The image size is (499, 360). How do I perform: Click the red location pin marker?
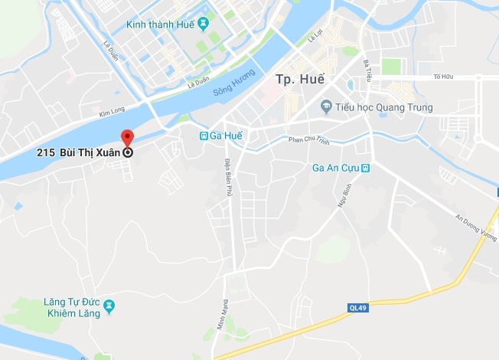click(x=128, y=139)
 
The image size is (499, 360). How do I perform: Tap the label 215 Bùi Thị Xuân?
click(x=79, y=152)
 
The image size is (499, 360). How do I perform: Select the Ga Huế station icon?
click(x=204, y=136)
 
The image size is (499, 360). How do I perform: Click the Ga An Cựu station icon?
click(x=366, y=168)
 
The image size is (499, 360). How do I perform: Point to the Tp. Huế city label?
click(x=299, y=79)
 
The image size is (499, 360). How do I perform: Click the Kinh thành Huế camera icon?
click(x=203, y=24)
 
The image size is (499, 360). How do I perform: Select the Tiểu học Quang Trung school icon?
click(x=326, y=106)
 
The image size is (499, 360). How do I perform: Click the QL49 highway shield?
click(x=357, y=308)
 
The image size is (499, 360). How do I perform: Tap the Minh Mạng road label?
click(x=223, y=314)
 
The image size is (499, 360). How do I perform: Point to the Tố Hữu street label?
click(x=443, y=77)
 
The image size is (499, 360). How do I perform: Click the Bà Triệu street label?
click(x=367, y=71)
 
